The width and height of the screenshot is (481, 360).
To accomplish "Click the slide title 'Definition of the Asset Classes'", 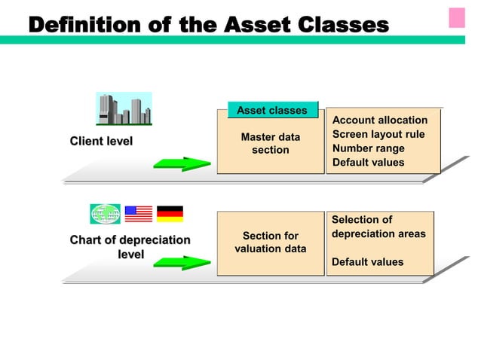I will click(x=208, y=26).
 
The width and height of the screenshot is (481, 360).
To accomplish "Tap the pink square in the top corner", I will click(x=457, y=17).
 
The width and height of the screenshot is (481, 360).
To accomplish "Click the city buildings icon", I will click(x=124, y=108).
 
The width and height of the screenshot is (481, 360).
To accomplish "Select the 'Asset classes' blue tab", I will click(x=272, y=111).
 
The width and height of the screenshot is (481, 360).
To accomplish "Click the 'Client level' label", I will click(x=101, y=141).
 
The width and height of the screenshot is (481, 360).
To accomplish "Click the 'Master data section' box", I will click(x=270, y=144).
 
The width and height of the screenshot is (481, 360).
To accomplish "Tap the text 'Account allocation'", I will click(x=380, y=121).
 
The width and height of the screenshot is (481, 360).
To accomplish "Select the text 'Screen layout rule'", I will click(x=378, y=134).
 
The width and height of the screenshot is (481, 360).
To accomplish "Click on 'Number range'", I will click(x=369, y=148).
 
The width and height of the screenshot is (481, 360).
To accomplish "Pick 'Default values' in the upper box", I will click(x=368, y=162).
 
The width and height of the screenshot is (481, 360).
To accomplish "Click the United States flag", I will click(x=138, y=214).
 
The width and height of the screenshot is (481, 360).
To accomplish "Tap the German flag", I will click(x=170, y=214).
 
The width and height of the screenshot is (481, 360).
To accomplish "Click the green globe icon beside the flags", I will click(x=104, y=214).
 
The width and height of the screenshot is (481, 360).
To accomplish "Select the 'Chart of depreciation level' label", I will click(x=130, y=247).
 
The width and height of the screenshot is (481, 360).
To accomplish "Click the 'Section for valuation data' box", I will click(x=270, y=243).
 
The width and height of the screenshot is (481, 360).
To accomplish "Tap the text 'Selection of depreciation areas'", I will click(x=378, y=227).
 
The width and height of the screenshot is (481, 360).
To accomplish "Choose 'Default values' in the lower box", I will click(x=368, y=262).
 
